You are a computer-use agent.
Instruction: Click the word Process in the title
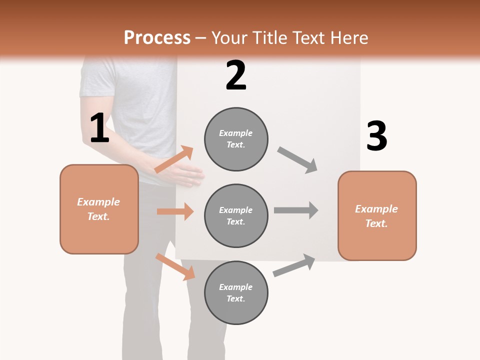157,38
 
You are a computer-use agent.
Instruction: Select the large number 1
99,128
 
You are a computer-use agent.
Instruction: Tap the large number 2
236,75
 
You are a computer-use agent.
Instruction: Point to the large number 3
376,136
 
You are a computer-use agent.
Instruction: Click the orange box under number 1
99,209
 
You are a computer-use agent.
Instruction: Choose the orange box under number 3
377,216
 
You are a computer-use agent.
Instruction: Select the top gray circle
236,139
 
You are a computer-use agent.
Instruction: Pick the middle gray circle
236,215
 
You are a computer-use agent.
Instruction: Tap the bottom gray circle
236,292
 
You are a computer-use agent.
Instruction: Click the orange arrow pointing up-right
174,159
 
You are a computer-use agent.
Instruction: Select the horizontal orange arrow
175,211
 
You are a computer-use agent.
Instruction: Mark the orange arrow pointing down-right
175,266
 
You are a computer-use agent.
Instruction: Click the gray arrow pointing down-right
297,160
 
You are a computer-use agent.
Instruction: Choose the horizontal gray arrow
296,210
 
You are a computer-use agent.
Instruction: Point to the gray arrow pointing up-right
294,265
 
